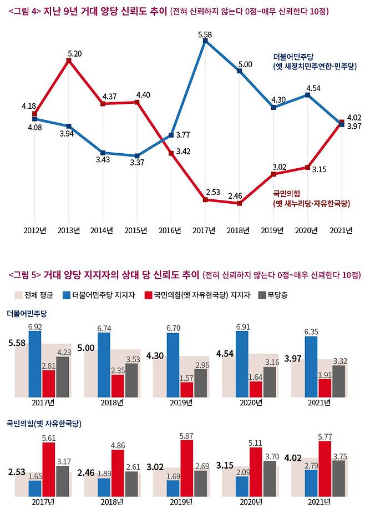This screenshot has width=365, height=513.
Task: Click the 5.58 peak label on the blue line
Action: point(205,34)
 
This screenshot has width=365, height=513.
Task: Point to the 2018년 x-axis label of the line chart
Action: point(240,230)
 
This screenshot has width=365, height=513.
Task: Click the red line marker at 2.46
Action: point(240,204)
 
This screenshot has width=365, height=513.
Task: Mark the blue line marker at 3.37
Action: point(137,156)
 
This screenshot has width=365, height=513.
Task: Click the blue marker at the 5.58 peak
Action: point(205,41)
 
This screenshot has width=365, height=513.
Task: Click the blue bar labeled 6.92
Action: point(35,364)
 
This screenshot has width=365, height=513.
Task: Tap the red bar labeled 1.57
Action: point(186,389)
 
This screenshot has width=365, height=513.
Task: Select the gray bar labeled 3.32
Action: point(338,381)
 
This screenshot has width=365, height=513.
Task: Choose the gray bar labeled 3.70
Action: point(269,477)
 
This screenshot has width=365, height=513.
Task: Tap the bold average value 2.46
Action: point(87,473)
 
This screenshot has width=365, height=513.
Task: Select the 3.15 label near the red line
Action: point(318,170)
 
